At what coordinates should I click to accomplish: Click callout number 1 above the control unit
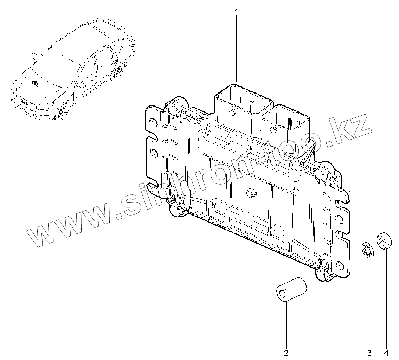tap(236, 12)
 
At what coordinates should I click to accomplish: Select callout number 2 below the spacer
tap(286, 352)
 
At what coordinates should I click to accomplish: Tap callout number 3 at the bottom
tap(369, 352)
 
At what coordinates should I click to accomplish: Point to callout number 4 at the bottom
tap(386, 352)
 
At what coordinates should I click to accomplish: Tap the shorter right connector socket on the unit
tap(286, 121)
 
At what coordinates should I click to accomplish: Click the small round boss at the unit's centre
tap(250, 192)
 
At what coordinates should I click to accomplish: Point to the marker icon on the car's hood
tap(35, 83)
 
